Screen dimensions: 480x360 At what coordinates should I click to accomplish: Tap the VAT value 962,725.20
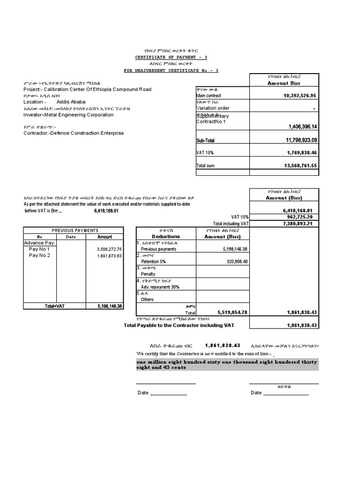tap(301, 217)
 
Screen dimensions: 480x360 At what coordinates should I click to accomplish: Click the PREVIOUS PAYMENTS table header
tap(75, 231)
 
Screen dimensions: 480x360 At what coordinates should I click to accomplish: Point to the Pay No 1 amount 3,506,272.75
tap(109, 249)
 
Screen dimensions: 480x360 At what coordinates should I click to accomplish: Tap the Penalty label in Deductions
tap(148, 274)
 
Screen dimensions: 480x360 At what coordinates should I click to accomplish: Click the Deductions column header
tap(165, 237)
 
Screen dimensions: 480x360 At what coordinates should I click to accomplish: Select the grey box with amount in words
tap(227, 365)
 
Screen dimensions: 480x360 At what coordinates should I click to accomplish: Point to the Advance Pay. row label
tap(40, 243)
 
